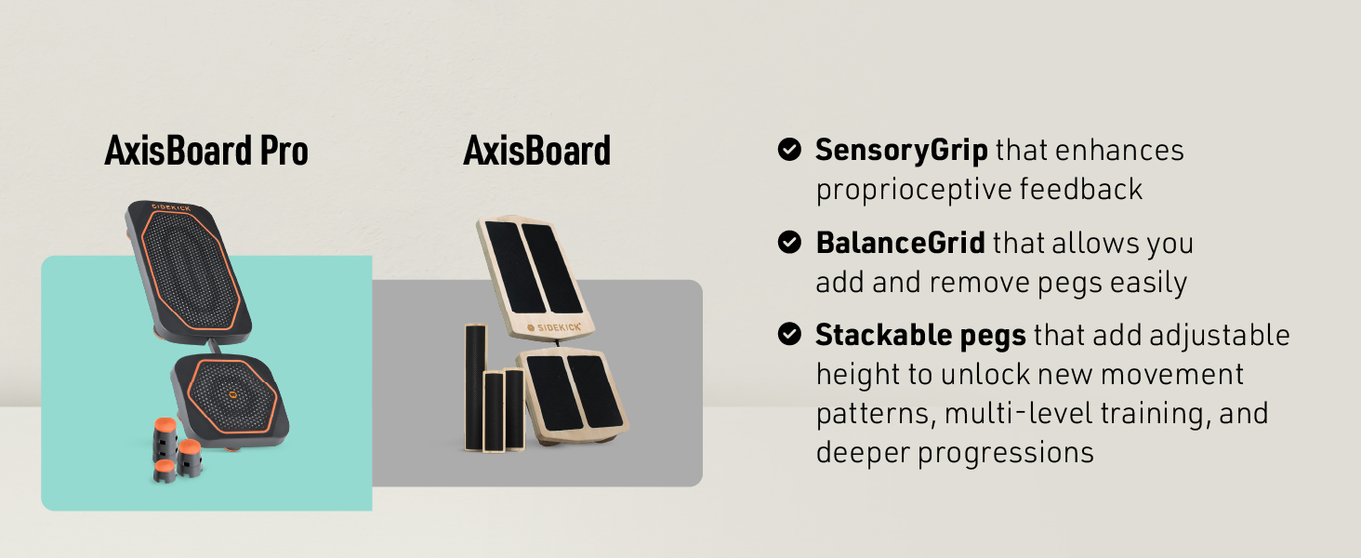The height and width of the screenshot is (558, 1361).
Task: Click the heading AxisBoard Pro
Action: [206, 151]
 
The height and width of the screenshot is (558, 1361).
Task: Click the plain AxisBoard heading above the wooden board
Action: [537, 151]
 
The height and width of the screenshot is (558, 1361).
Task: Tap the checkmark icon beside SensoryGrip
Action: [789, 150]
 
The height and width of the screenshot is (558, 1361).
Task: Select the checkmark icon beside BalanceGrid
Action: [789, 242]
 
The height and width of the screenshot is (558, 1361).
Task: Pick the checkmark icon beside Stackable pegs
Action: [789, 334]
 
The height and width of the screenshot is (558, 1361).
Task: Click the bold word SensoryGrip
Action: [902, 151]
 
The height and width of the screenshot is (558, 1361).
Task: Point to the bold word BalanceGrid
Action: [901, 243]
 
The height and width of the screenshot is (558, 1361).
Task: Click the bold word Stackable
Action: [884, 334]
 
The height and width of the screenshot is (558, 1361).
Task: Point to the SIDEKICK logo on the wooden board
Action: [554, 327]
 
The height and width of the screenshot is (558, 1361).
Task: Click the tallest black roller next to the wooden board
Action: [476, 388]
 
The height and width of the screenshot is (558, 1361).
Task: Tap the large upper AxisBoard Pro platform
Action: [189, 272]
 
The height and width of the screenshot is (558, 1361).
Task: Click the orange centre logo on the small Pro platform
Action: [232, 394]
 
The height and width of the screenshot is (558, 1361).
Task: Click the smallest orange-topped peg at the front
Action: [165, 472]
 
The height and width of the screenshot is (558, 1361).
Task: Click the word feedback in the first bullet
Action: [1081, 189]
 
